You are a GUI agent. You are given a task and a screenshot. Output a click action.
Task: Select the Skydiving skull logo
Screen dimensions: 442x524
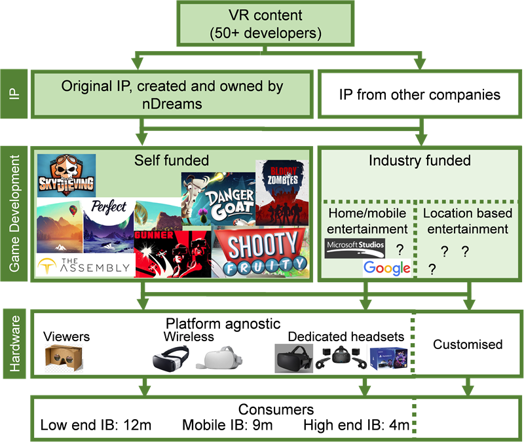[x=66, y=175]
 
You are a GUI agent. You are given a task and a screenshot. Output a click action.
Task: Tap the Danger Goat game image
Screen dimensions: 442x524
[x=217, y=197]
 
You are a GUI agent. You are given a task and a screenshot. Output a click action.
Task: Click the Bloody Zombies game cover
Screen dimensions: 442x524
[x=282, y=191]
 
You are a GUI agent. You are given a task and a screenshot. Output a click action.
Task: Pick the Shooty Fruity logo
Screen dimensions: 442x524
[x=262, y=252]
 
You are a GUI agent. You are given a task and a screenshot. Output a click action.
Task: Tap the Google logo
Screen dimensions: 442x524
[x=387, y=268]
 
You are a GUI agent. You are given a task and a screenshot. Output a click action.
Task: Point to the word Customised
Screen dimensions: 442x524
[x=468, y=344]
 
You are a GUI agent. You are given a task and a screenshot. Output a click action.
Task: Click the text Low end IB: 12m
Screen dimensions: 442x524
[x=96, y=426]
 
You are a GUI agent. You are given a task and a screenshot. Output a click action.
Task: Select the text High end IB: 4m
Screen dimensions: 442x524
[x=356, y=426]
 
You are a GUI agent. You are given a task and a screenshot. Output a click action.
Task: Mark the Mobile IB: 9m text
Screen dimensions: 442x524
[x=227, y=426]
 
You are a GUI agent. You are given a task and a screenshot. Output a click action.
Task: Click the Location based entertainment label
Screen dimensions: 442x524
[x=466, y=221]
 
